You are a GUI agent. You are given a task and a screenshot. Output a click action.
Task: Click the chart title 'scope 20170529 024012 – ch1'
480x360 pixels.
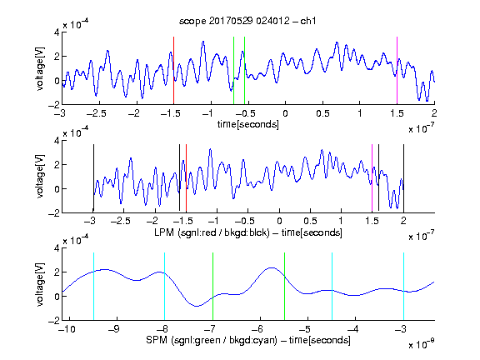247,21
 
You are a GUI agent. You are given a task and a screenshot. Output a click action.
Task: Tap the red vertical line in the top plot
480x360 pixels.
173,71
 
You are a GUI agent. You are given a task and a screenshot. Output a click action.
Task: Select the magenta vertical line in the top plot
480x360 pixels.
397,71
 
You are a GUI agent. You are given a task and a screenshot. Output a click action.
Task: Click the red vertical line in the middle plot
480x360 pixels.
186,178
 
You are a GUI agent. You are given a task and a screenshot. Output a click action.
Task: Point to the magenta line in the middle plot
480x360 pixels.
372,178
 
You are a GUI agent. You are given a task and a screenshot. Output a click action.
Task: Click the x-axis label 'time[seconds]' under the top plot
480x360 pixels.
248,124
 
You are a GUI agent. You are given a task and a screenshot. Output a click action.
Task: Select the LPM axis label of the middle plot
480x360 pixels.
248,232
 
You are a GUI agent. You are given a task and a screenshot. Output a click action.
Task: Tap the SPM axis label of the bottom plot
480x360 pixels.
248,340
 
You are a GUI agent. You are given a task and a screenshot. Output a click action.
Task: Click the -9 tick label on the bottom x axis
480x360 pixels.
114,329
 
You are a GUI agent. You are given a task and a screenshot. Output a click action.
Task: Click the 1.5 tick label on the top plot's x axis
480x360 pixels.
397,113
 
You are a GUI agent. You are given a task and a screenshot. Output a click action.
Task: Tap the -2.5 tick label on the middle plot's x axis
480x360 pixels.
121,221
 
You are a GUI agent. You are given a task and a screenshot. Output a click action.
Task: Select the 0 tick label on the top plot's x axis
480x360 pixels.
285,113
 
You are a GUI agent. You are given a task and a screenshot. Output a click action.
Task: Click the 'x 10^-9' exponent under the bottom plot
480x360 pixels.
421,344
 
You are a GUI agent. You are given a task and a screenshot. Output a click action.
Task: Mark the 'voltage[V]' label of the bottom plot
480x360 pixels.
40,284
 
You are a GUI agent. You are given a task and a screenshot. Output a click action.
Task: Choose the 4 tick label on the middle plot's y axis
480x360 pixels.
57,141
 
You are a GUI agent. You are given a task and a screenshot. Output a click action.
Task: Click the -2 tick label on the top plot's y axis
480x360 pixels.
54,105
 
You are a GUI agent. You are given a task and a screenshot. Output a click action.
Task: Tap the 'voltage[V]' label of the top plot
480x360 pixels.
40,68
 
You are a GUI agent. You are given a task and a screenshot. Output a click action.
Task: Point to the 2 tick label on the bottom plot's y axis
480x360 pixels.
57,272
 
